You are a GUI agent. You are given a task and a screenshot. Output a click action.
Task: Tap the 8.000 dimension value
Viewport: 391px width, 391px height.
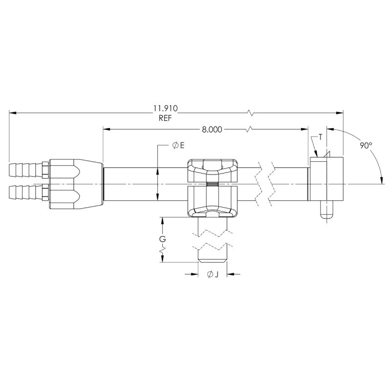tap(212, 130)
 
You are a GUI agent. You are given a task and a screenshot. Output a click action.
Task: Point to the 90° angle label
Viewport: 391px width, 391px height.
tap(366, 145)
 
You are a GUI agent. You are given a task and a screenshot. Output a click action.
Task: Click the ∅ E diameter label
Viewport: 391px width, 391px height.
tap(178, 146)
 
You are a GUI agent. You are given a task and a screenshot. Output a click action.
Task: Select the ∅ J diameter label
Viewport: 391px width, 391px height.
tap(213, 275)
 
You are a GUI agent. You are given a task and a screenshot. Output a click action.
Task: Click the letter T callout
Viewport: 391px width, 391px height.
tap(320, 137)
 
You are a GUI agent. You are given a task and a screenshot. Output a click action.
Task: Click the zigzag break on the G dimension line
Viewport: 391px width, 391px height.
tap(161, 252)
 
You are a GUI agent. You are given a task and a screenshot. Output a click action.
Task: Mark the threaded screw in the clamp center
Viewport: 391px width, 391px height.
tap(213, 184)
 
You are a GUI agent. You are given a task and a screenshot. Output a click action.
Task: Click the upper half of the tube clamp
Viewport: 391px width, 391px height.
tap(213, 170)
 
